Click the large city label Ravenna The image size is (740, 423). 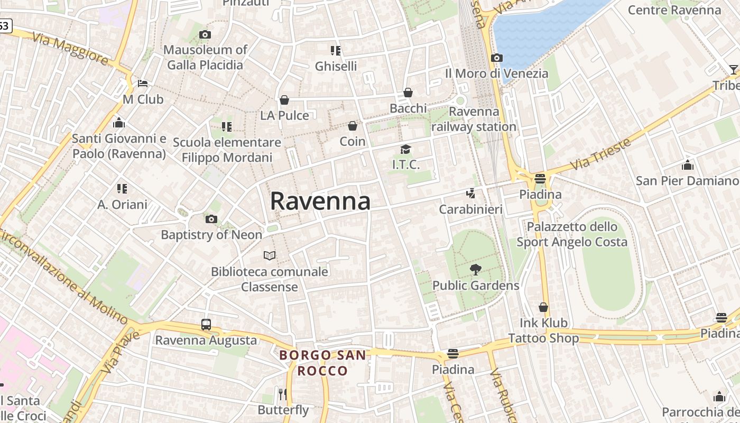click(320, 201)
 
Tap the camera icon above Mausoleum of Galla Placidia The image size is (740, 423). click(205, 35)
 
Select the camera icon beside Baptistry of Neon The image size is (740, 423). click(211, 219)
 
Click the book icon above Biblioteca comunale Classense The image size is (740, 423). click(270, 256)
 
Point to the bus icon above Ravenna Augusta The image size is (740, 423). click(206, 325)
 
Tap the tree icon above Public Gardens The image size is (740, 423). click(475, 270)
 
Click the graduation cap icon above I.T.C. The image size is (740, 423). click(405, 149)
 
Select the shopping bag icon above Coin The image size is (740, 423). click(353, 126)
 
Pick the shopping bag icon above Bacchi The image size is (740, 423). click(408, 93)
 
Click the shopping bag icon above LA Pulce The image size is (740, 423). click(284, 100)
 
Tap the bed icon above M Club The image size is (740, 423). click(143, 84)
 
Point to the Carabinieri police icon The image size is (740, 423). click(470, 194)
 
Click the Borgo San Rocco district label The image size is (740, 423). click(322, 363)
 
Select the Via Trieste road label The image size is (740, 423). click(602, 154)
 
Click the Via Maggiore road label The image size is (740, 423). click(70, 49)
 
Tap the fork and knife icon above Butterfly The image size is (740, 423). click(283, 394)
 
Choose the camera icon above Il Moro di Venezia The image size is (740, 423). click(497, 58)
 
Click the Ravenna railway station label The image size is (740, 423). click(474, 119)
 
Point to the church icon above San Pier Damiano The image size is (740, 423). click(687, 165)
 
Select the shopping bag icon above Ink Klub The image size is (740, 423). click(543, 307)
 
